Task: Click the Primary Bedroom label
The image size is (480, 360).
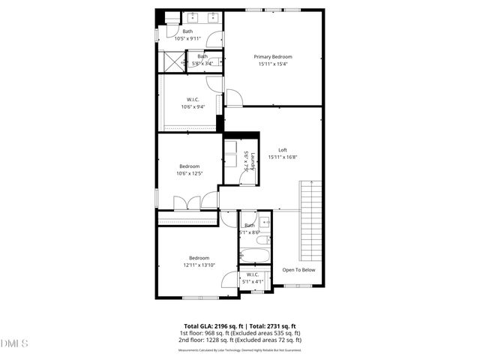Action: [272, 57]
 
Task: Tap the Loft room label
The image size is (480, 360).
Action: [283, 150]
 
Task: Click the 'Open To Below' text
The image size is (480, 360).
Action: [298, 270]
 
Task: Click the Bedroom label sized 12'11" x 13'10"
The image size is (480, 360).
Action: [199, 258]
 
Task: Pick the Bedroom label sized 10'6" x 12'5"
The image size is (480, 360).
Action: [189, 166]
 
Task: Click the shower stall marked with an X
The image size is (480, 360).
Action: [171, 61]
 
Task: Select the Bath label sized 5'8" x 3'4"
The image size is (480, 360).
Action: [202, 57]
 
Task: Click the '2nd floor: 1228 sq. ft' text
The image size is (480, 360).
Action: [206, 340]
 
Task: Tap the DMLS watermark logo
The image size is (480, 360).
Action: [14, 343]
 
